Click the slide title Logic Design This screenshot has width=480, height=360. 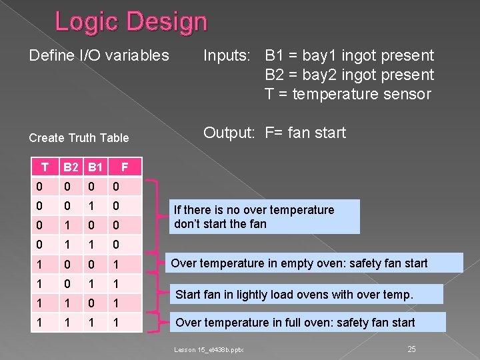(131, 22)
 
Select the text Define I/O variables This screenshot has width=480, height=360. (99, 55)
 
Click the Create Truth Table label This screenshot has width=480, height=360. (79, 138)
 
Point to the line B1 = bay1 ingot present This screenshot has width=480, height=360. (349, 55)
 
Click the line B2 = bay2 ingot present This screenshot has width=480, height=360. (349, 75)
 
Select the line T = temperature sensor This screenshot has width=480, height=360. (347, 94)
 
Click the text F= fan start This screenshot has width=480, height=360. (305, 133)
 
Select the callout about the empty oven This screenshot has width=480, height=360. (313, 263)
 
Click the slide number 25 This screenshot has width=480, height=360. (411, 349)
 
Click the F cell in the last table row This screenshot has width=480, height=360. (115, 323)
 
